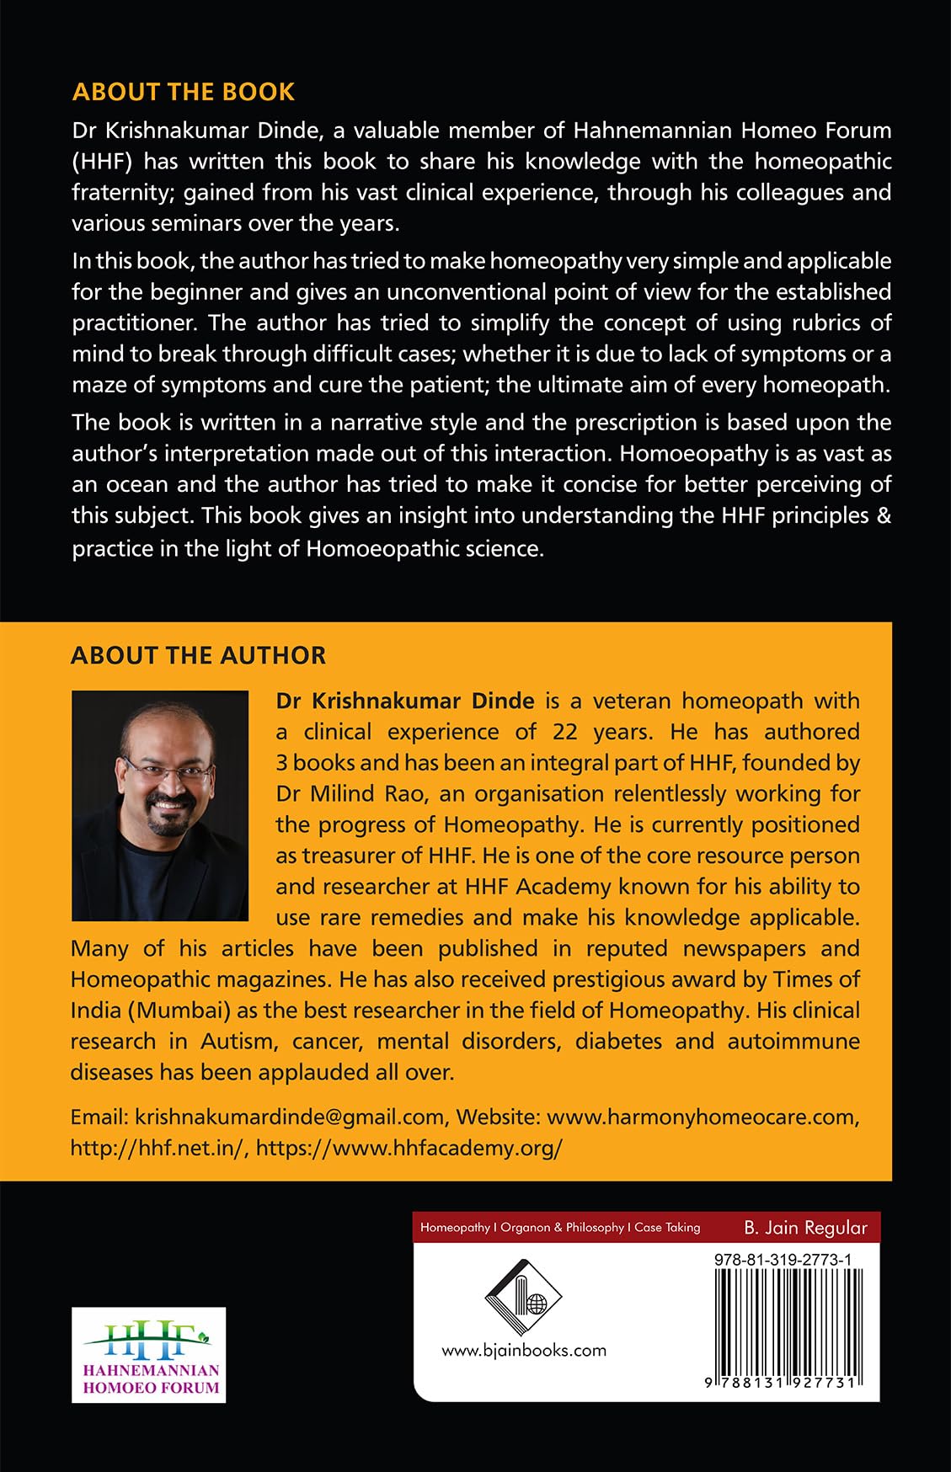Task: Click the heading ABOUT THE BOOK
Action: [184, 92]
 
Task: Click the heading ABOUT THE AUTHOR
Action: [198, 655]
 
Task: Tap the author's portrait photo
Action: [160, 805]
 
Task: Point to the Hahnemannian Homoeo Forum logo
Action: [149, 1354]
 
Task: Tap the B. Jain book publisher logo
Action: [523, 1297]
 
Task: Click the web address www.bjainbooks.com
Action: [524, 1350]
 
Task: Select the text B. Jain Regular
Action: [805, 1227]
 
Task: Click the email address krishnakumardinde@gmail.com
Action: [290, 1117]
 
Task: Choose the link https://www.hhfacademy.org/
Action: [409, 1148]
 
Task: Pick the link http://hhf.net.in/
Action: [159, 1148]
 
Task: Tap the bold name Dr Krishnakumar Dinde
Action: [405, 701]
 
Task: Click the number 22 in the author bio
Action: [565, 731]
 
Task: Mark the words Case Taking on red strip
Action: [667, 1227]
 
